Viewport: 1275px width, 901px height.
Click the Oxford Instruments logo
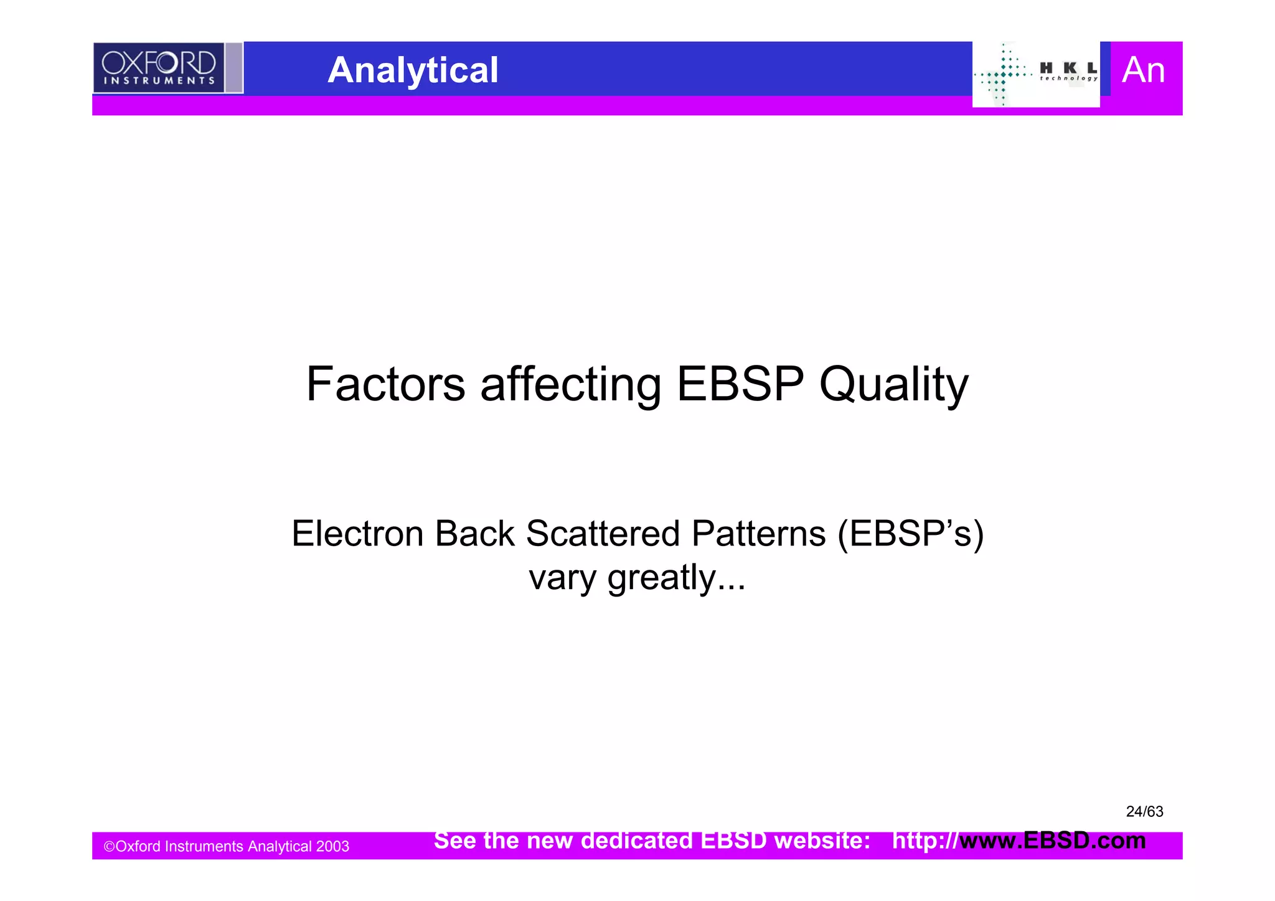click(x=159, y=68)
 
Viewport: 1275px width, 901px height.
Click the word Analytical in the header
click(x=413, y=70)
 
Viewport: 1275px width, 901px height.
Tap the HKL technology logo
click(x=1036, y=74)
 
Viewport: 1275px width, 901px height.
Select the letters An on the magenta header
click(x=1143, y=70)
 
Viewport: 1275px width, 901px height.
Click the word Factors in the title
click(x=385, y=384)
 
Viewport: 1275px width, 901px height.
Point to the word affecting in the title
click(x=570, y=385)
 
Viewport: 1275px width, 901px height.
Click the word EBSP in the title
click(x=740, y=384)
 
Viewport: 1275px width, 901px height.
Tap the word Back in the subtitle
click(x=474, y=534)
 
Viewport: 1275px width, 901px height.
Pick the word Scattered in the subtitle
click(x=603, y=534)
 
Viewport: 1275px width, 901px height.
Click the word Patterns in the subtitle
click(x=758, y=534)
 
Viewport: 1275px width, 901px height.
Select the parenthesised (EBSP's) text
click(x=910, y=534)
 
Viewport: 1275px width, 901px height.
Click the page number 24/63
click(x=1144, y=811)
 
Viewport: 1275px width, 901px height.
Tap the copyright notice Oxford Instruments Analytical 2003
click(x=226, y=846)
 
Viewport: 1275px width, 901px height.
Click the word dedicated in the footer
click(x=636, y=841)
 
